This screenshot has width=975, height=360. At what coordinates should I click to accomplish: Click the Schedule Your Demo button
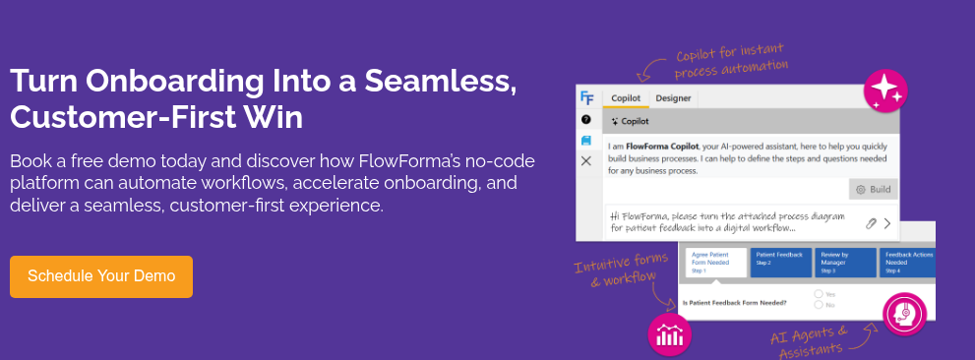(x=101, y=276)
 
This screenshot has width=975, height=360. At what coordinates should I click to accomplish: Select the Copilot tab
(x=626, y=98)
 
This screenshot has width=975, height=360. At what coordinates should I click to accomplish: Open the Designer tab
(x=673, y=98)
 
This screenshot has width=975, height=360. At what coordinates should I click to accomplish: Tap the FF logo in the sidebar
(x=586, y=97)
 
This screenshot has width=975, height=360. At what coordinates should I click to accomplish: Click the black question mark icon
(x=586, y=119)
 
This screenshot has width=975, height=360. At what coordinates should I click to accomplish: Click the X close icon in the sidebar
(x=586, y=160)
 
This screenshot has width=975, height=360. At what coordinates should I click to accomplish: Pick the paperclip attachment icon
(x=870, y=223)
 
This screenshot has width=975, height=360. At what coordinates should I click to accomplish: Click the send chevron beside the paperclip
(x=887, y=223)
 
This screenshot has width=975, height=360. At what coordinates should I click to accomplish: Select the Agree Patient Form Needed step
(x=714, y=262)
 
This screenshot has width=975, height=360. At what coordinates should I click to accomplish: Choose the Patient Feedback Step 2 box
(x=781, y=262)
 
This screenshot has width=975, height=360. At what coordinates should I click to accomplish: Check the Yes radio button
(x=819, y=294)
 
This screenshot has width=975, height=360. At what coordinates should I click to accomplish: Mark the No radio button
(x=819, y=305)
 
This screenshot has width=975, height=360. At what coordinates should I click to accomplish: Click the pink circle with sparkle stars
(x=884, y=91)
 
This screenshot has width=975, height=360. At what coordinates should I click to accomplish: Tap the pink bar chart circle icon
(x=670, y=334)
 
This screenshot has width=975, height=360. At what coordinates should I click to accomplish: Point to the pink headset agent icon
(x=904, y=314)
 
